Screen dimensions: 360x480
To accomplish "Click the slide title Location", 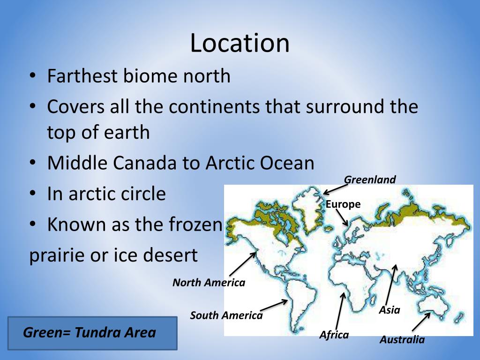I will tap(240, 43).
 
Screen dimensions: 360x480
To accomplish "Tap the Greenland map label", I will tap(370, 180).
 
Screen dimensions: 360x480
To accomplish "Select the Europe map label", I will tap(343, 204).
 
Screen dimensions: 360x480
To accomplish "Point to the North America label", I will tap(209, 283).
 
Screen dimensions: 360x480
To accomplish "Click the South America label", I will tap(226, 315).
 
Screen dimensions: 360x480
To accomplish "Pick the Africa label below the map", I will tap(334, 335).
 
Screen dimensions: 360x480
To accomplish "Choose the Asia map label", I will tap(390, 310).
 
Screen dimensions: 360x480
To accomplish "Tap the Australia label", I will tap(402, 340).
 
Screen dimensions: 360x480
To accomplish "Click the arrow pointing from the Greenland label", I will tap(335, 188).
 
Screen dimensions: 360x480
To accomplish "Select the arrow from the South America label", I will tap(274, 305).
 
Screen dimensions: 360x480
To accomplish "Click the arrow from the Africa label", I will tap(340, 311).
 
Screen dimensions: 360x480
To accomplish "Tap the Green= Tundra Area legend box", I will tap(92, 333).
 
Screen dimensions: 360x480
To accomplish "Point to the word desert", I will tap(171, 255).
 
